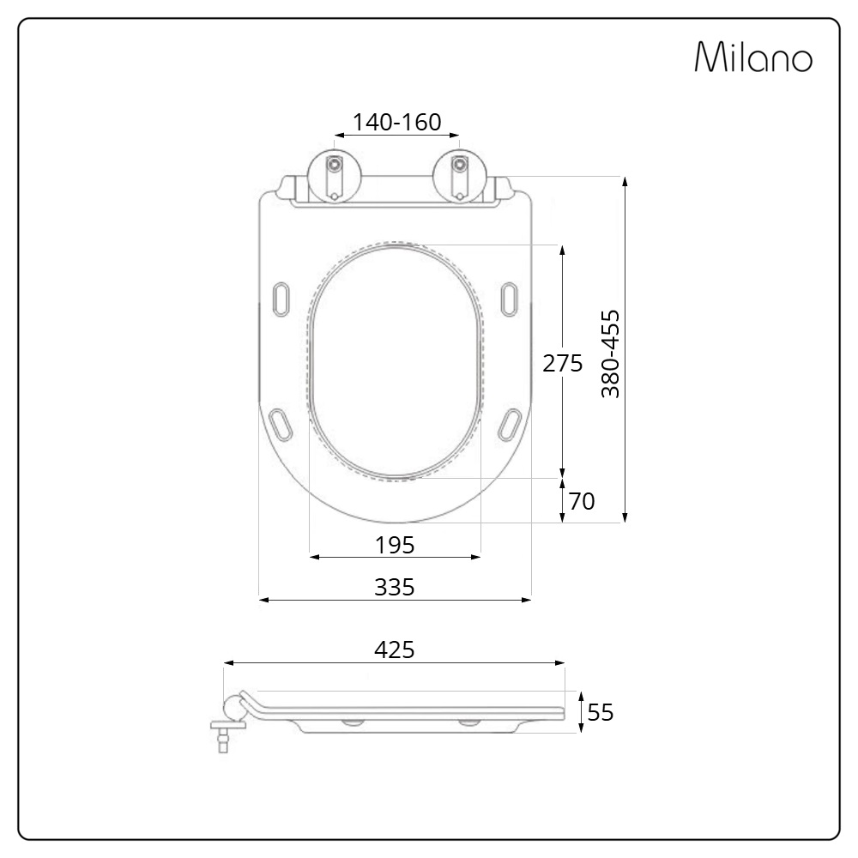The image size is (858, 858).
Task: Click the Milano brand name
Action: pos(753,57)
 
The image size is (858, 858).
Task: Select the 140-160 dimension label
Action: pos(396,122)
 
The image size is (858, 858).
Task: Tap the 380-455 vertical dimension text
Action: pos(610,353)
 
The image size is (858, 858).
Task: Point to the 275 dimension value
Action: pos(563,363)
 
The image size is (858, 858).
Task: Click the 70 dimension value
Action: pos(582,501)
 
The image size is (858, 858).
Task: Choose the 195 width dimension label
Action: pos(395,545)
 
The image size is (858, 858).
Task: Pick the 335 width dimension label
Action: pos(395,587)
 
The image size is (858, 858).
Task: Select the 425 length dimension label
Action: pos(395,650)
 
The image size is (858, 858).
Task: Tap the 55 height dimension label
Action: pos(601,712)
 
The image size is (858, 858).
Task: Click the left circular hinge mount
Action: pos(335,176)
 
